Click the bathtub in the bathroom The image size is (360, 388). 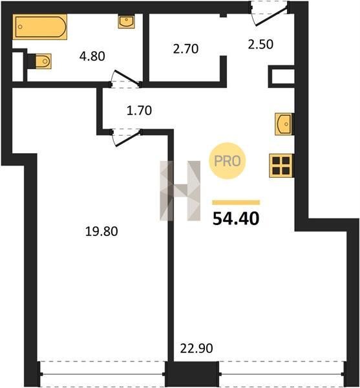40,27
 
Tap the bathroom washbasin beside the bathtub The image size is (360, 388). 126,22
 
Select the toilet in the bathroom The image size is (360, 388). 41,61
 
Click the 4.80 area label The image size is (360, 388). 92,56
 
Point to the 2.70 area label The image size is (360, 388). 185,48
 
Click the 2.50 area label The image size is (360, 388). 260,45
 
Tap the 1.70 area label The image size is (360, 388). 139,111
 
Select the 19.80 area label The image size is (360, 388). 101,232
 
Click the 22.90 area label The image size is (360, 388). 196,349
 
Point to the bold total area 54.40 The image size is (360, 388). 236,219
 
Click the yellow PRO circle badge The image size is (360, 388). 228,161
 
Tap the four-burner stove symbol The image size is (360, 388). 281,166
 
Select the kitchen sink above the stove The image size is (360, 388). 284,124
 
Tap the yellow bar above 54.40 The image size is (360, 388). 236,202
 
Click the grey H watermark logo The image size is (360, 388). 180,191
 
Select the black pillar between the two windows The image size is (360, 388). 192,374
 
